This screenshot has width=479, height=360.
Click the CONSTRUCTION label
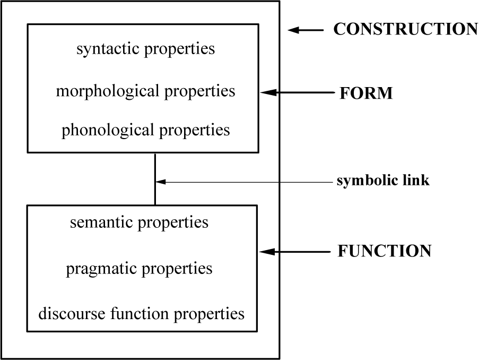(x=405, y=29)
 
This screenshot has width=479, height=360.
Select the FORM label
(x=366, y=93)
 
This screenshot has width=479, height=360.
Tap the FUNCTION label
(x=384, y=251)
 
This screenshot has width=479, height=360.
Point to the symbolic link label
(x=382, y=181)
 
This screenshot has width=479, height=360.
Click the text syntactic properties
(x=146, y=49)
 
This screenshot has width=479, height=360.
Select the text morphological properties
(x=145, y=91)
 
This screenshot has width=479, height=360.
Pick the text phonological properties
(x=145, y=130)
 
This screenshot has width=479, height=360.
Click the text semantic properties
(x=139, y=222)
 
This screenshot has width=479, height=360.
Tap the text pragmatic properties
(x=139, y=268)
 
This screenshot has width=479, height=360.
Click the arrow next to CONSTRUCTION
(x=305, y=30)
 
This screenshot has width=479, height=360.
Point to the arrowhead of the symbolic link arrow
(x=161, y=182)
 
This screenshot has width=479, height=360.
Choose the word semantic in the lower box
(x=101, y=222)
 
